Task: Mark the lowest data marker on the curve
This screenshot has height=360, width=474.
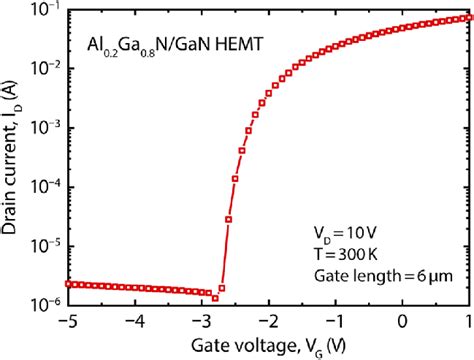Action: tap(215, 298)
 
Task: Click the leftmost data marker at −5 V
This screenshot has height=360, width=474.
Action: tap(67, 284)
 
